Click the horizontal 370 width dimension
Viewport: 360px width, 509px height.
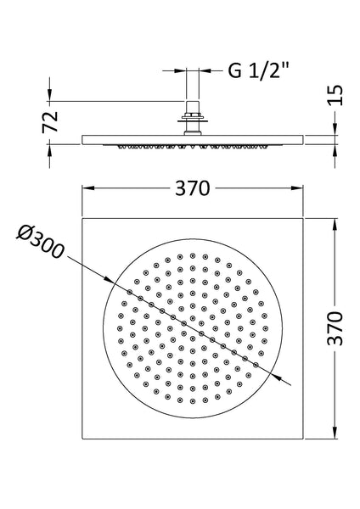click(x=193, y=188)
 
